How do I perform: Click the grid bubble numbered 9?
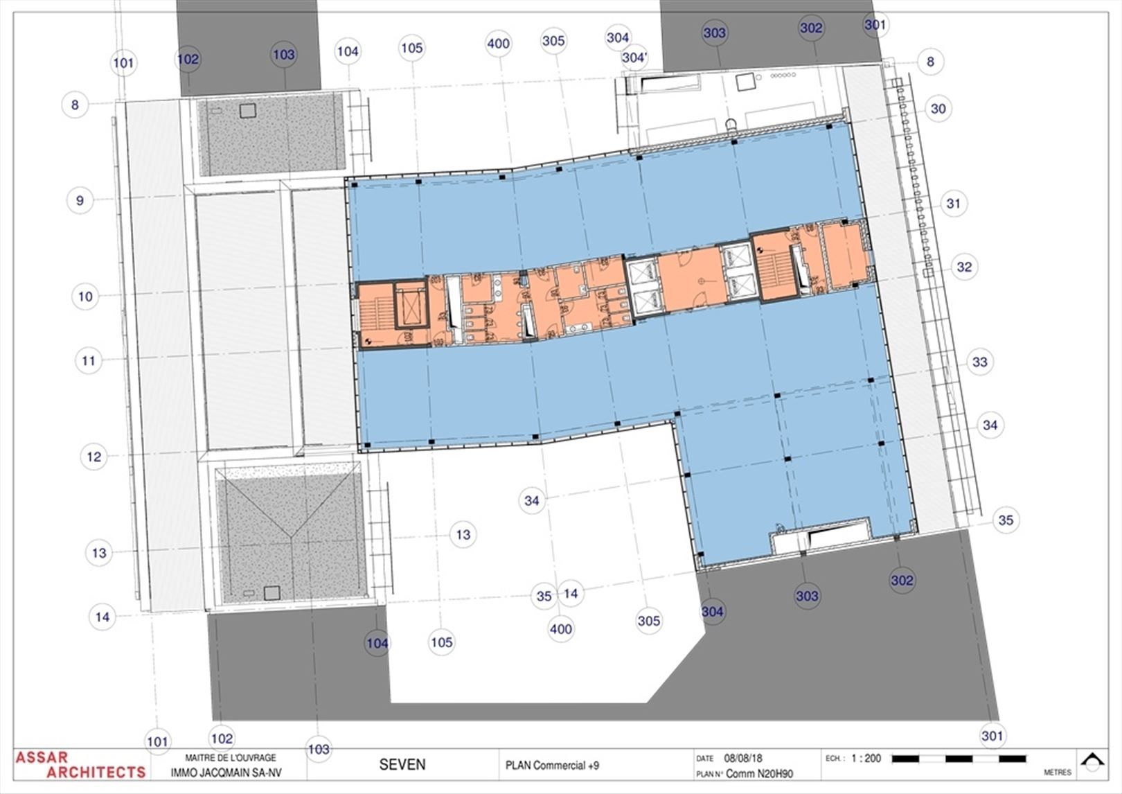click(80, 200)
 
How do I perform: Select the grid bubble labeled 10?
click(85, 297)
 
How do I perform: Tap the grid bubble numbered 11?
click(88, 360)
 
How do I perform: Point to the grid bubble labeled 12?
click(93, 457)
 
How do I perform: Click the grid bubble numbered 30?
click(938, 109)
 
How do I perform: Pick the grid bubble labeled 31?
click(954, 204)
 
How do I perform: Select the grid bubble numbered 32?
click(964, 267)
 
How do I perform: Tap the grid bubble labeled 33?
click(979, 362)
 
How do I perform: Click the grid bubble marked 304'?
click(634, 58)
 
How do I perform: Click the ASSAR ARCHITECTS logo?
click(80, 764)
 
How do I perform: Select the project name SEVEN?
click(402, 764)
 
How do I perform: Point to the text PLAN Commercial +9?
click(552, 766)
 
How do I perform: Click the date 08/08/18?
click(743, 759)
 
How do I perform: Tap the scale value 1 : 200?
click(866, 759)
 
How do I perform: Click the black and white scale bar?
click(959, 759)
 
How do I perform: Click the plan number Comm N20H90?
click(759, 773)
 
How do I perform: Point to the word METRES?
click(1057, 772)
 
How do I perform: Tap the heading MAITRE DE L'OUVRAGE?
click(231, 758)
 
